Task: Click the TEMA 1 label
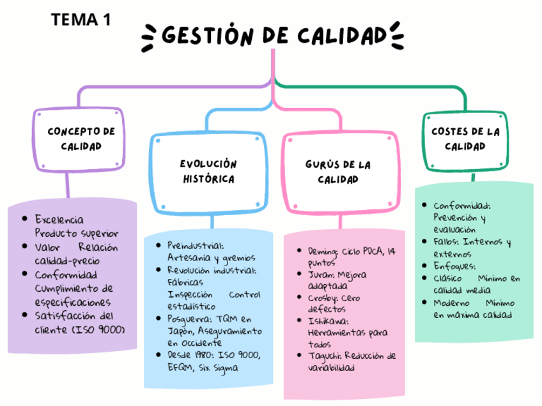(81, 20)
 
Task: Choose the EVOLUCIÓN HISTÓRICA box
(208, 171)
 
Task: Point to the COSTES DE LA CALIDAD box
(465, 139)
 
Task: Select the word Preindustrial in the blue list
(194, 245)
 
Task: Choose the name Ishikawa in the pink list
(328, 320)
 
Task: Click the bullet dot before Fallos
(426, 242)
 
